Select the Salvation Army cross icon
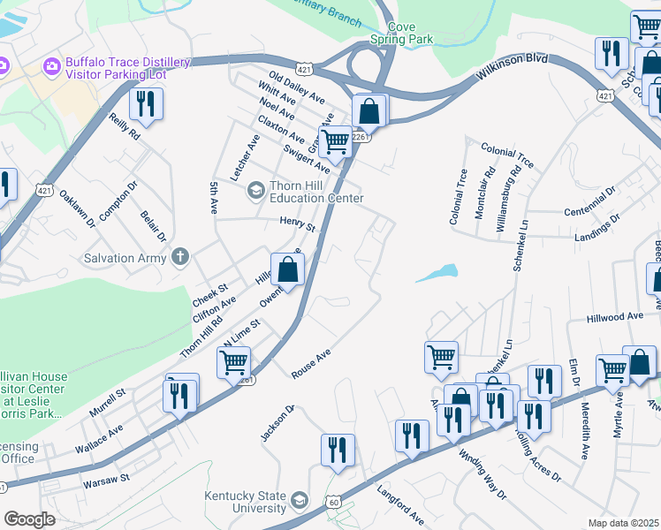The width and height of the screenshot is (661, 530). pyautogui.click(x=180, y=257)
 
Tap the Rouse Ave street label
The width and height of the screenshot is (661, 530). pyautogui.click(x=311, y=363)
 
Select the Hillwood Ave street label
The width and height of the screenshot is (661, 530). pyautogui.click(x=615, y=316)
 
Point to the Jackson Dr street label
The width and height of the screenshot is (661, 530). pyautogui.click(x=276, y=423)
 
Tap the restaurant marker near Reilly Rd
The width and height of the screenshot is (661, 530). pyautogui.click(x=146, y=104)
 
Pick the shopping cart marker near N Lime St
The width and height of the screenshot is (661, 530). pyautogui.click(x=233, y=361)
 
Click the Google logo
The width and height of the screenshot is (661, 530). pyautogui.click(x=30, y=519)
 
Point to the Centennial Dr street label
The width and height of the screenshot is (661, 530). pyautogui.click(x=589, y=202)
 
